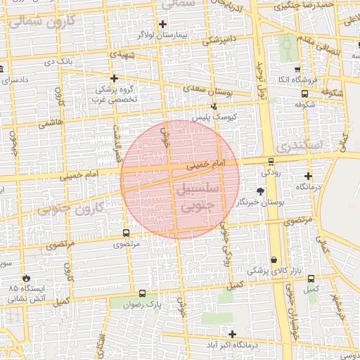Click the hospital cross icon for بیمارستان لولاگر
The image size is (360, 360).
(x=162, y=24)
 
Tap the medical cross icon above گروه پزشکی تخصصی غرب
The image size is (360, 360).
(x=114, y=78)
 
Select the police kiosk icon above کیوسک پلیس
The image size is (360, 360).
(x=214, y=107)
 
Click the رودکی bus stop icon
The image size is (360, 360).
(x=271, y=162)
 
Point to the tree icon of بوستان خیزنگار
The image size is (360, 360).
(x=261, y=191)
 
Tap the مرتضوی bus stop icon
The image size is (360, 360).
(x=126, y=233)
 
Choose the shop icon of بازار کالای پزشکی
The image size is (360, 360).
(x=273, y=260)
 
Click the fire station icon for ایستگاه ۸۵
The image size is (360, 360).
(x=27, y=278)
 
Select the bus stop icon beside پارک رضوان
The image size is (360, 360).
(x=143, y=294)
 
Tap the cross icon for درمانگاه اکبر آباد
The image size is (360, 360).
(x=232, y=334)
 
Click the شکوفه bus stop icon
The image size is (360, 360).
(x=304, y=94)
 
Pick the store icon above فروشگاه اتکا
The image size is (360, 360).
(x=297, y=70)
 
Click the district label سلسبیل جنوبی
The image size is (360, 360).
(x=202, y=198)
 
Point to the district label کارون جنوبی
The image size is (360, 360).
(x=70, y=207)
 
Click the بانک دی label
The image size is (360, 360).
(x=59, y=63)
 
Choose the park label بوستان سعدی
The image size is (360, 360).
(x=207, y=91)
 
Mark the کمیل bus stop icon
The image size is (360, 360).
(x=309, y=277)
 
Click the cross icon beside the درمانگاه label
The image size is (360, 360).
(x=308, y=176)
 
